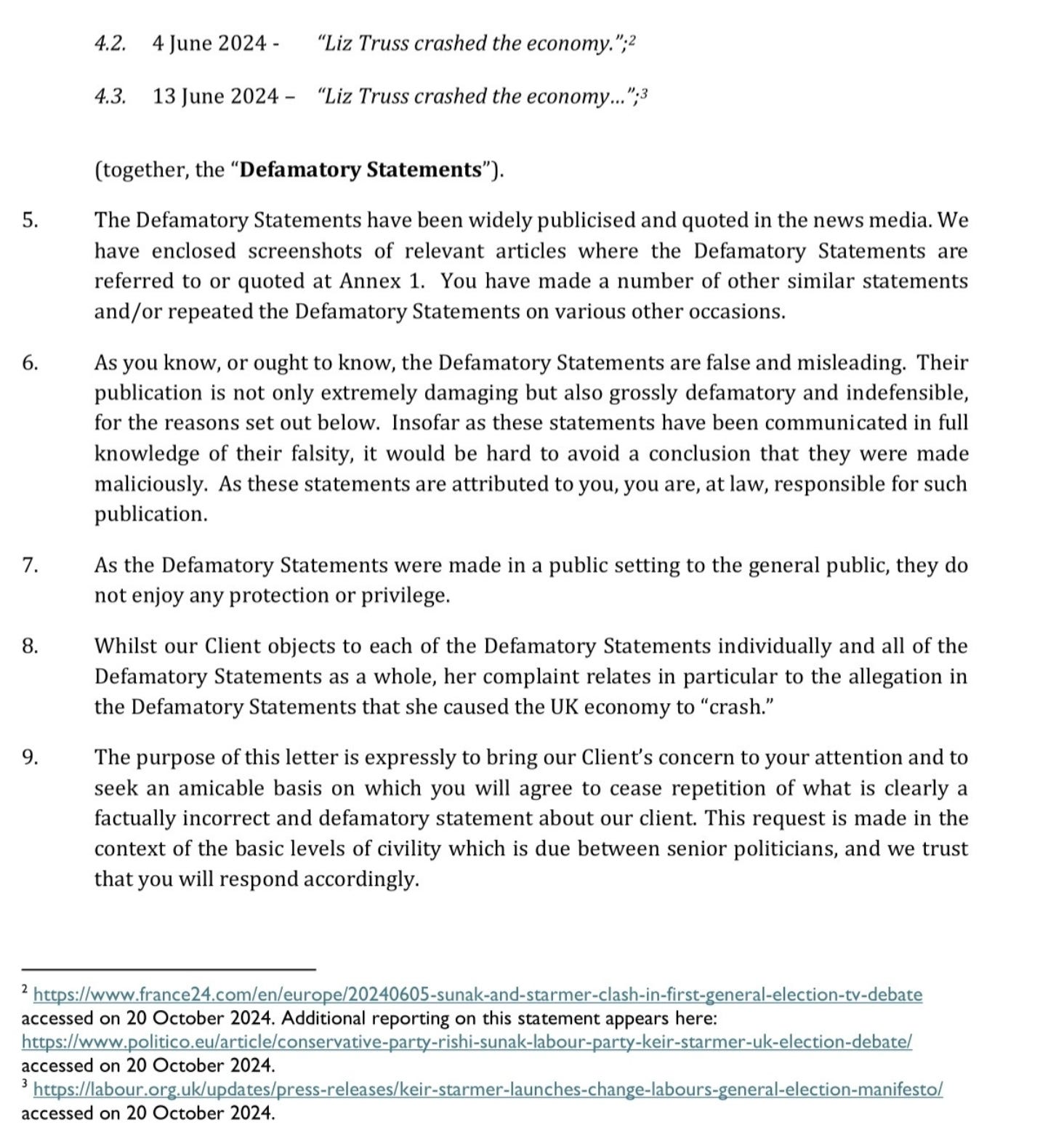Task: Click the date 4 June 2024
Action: [209, 44]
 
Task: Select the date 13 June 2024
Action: [216, 97]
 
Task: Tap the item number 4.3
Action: [110, 97]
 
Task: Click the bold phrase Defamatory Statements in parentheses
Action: [360, 170]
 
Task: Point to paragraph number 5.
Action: [30, 220]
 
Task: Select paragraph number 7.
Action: [30, 565]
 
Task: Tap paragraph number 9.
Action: [30, 758]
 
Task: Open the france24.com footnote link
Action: [477, 995]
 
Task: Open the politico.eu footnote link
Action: [466, 1042]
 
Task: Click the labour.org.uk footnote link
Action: [488, 1089]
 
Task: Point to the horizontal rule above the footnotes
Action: [169, 969]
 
